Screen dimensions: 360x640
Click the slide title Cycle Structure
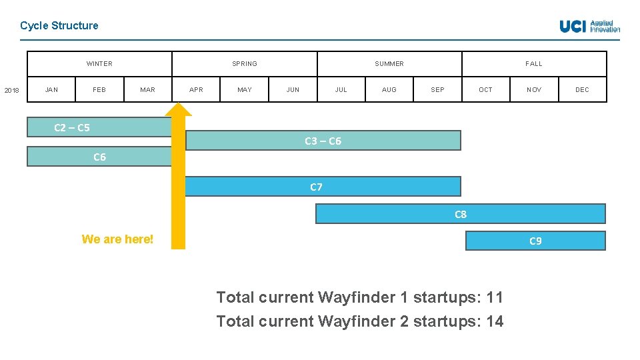(x=59, y=25)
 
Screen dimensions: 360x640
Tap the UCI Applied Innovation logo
(x=589, y=26)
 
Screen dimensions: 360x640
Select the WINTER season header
(x=99, y=64)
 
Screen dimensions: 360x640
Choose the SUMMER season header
(x=389, y=64)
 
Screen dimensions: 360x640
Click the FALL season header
(x=534, y=64)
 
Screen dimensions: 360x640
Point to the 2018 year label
(x=12, y=90)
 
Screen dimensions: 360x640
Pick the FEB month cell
(x=99, y=89)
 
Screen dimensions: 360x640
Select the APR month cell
(x=196, y=89)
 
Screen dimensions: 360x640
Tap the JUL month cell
(x=341, y=89)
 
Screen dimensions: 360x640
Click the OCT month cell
(x=485, y=89)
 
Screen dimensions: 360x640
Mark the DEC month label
(x=582, y=89)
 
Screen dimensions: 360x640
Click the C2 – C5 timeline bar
(x=99, y=127)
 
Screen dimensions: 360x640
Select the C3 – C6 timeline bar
(x=323, y=141)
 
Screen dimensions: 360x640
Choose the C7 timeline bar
(x=323, y=187)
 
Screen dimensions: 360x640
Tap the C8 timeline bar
(x=460, y=214)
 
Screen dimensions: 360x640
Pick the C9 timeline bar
(x=535, y=241)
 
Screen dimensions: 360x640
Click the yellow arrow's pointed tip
(x=179, y=105)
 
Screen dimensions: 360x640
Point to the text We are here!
(x=117, y=239)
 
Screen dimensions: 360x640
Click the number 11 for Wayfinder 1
(x=495, y=297)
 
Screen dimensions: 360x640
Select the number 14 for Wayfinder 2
(x=495, y=321)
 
